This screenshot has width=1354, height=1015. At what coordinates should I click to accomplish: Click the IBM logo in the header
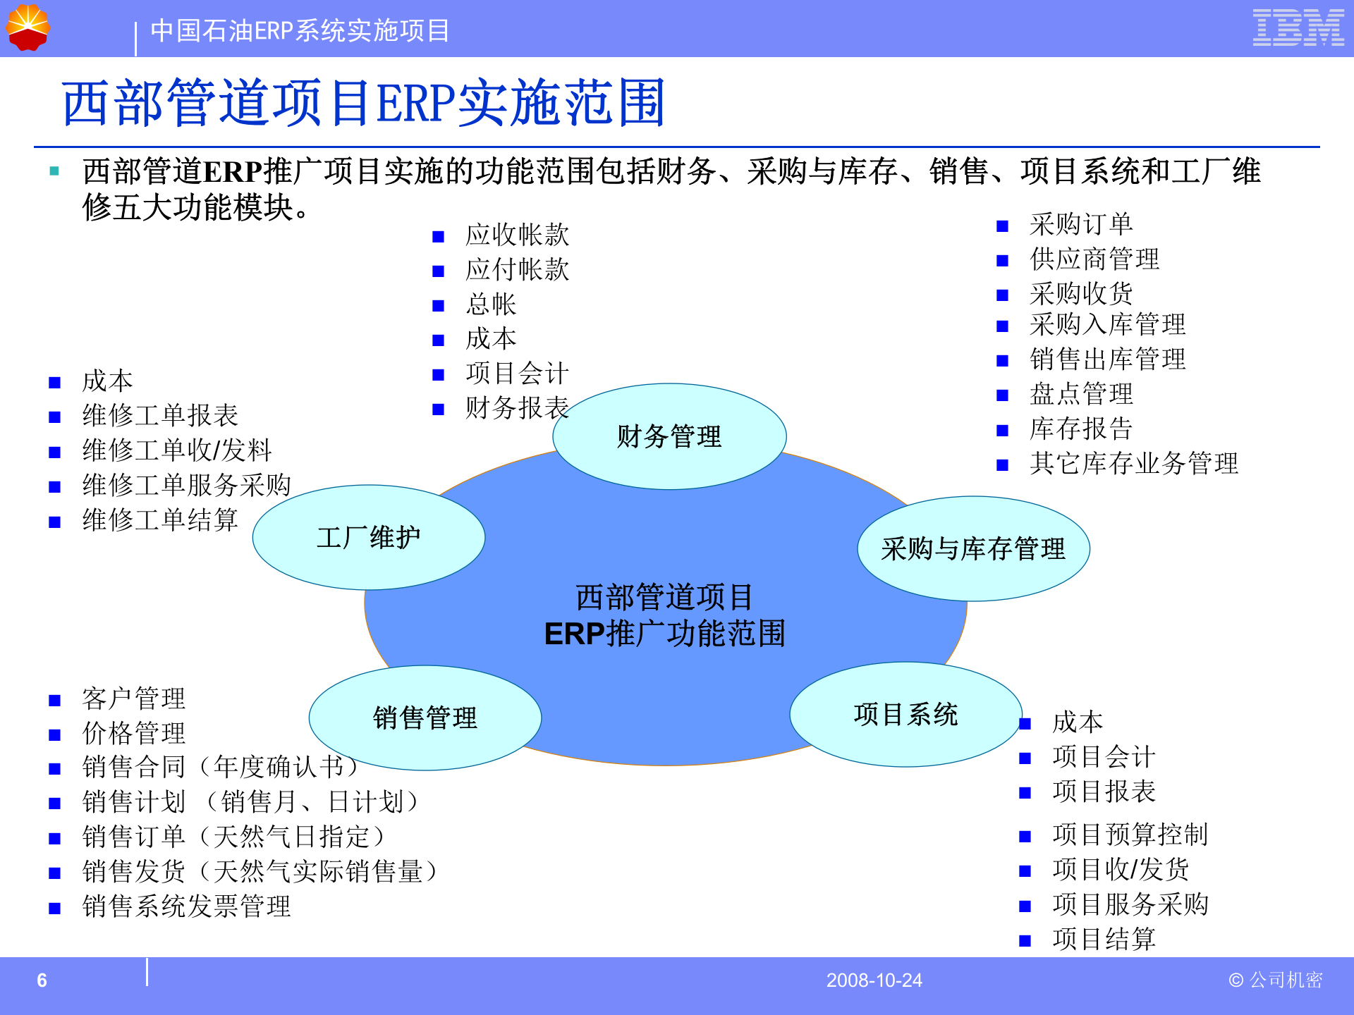1298,28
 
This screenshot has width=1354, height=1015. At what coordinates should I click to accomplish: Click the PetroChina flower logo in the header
28,27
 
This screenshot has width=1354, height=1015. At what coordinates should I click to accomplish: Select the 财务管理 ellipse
669,436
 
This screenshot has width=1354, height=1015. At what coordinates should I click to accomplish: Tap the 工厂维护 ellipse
368,538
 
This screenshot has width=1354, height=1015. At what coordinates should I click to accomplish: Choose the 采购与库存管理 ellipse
973,549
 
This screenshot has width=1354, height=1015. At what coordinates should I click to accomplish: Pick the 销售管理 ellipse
425,718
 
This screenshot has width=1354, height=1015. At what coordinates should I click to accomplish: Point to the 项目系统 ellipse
905,715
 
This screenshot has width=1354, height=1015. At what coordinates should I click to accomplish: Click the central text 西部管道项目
664,597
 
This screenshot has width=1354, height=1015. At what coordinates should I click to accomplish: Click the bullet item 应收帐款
517,235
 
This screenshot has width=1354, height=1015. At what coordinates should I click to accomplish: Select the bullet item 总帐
491,304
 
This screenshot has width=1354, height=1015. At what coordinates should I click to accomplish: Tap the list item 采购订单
1081,225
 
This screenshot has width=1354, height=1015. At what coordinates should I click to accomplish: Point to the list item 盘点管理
1081,394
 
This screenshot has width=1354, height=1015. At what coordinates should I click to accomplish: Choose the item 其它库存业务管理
1133,464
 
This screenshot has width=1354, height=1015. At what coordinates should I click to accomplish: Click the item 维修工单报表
160,416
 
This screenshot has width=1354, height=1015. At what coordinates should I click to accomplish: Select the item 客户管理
134,699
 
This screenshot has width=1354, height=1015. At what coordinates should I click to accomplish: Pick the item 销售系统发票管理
186,906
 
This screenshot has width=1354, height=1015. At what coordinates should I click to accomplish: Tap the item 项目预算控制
1130,835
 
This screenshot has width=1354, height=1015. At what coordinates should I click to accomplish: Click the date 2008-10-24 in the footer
874,980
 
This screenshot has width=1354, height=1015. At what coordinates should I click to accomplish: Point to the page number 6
42,980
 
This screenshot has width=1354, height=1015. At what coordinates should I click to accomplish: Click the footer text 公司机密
1285,980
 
